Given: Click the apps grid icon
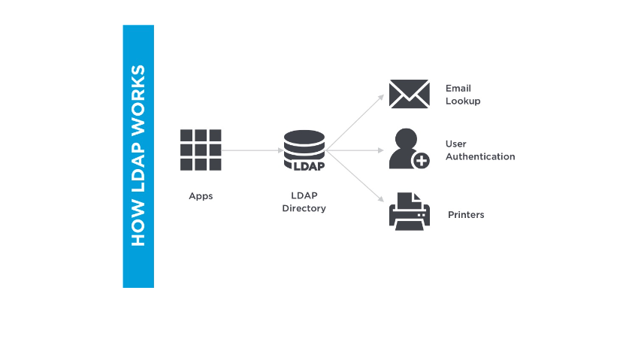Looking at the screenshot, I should (201, 150).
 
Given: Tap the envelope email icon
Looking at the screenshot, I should (408, 95).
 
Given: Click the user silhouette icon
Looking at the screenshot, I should (404, 148).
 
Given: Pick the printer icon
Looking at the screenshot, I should (410, 211).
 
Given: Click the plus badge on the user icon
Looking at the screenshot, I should (421, 160).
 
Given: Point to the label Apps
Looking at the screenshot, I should (201, 196).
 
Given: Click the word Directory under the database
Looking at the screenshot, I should (304, 208).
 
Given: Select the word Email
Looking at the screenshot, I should (458, 89).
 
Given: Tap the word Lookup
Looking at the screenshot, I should (462, 101).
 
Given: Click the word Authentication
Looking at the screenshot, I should (480, 156).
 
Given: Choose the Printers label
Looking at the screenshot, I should (466, 215).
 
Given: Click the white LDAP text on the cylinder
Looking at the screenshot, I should (304, 159).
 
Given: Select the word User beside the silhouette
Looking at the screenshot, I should (456, 144).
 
